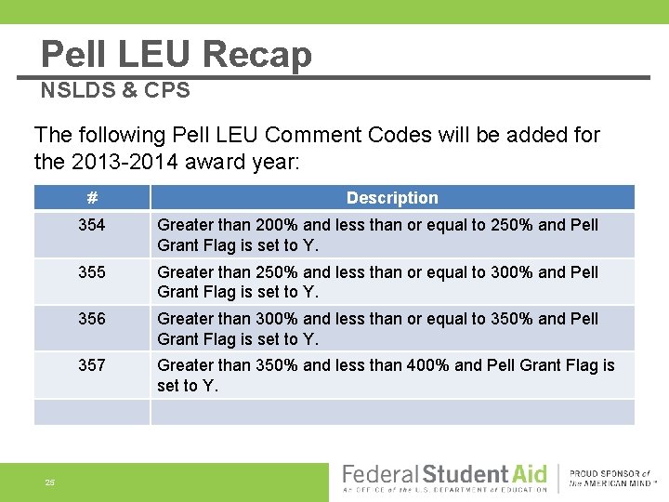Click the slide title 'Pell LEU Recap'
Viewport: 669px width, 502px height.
click(x=177, y=55)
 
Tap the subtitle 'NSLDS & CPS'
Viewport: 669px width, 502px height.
click(x=115, y=90)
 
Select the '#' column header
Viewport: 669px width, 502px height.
click(x=91, y=197)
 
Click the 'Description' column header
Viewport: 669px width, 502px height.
click(x=392, y=197)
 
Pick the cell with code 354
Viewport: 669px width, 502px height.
click(x=91, y=225)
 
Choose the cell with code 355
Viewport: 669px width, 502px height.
click(x=91, y=272)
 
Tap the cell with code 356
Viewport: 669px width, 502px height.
click(x=91, y=319)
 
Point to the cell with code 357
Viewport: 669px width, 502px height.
click(x=91, y=365)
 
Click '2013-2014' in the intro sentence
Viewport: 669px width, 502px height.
click(x=112, y=161)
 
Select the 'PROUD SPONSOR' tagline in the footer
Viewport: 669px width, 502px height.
click(x=610, y=473)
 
